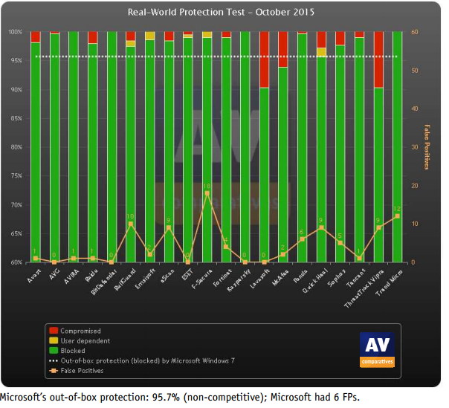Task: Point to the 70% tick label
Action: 15,205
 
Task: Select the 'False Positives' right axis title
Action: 427,148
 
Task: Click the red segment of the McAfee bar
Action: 283,49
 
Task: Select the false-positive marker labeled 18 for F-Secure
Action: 207,193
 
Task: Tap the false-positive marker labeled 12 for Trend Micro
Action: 398,216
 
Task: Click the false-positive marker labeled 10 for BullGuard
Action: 131,224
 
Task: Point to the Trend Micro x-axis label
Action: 390,283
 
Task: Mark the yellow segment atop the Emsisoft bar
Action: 150,36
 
